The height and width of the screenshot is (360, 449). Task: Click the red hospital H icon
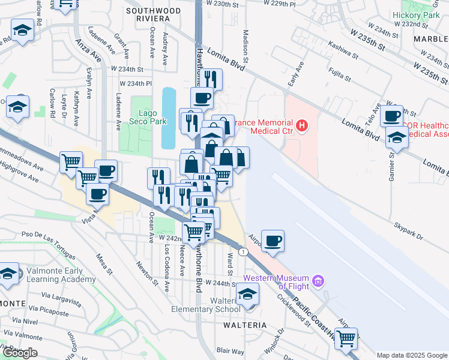[x=303, y=126]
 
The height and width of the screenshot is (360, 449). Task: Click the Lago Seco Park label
[x=139, y=117]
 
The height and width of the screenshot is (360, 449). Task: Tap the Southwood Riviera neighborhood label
[x=152, y=14]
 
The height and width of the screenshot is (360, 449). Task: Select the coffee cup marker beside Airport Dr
[x=273, y=241]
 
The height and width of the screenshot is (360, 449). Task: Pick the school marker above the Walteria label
[x=246, y=295]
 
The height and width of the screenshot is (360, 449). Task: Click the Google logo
[x=19, y=353]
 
